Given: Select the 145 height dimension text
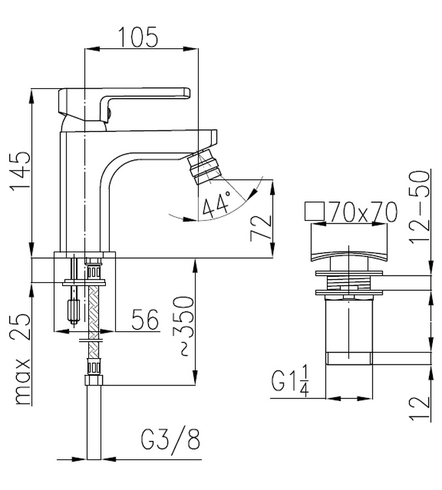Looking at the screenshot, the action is click(x=20, y=171).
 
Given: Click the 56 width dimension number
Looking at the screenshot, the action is click(x=145, y=319).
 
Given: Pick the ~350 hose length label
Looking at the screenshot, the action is click(x=184, y=325).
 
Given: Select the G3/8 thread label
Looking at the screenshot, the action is click(x=171, y=439).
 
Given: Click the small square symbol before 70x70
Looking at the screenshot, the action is click(x=314, y=211).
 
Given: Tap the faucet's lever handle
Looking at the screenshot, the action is click(x=124, y=103).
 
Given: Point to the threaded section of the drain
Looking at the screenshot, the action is click(x=348, y=282).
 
